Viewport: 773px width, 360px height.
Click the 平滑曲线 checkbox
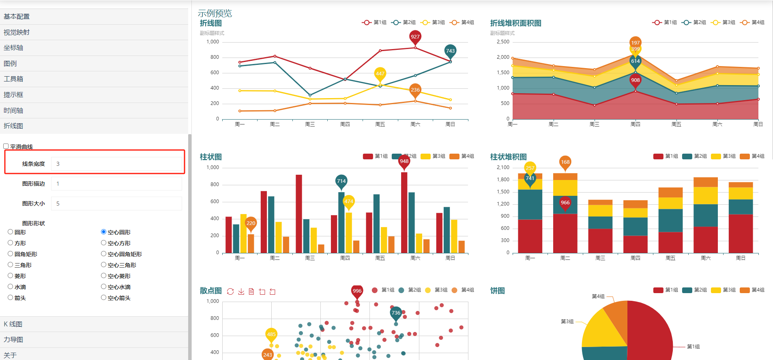point(6,146)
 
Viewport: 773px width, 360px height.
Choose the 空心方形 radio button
point(104,243)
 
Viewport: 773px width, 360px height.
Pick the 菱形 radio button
point(11,276)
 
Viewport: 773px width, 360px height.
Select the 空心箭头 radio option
point(104,298)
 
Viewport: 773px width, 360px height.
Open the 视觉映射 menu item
point(17,32)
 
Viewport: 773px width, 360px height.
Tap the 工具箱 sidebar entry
point(13,79)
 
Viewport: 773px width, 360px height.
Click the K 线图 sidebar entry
point(13,324)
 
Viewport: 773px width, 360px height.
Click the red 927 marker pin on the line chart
point(415,37)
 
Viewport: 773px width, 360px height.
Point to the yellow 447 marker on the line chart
point(380,74)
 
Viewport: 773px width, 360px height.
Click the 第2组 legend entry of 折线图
point(404,22)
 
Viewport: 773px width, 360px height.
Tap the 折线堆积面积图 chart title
point(515,23)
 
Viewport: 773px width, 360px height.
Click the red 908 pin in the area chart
point(635,80)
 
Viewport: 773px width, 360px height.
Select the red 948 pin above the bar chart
point(404,161)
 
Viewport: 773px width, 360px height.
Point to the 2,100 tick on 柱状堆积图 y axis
point(503,167)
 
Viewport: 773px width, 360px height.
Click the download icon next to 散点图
point(241,291)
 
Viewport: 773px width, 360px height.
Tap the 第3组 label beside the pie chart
point(567,321)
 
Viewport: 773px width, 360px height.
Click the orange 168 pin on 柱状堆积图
point(565,162)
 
